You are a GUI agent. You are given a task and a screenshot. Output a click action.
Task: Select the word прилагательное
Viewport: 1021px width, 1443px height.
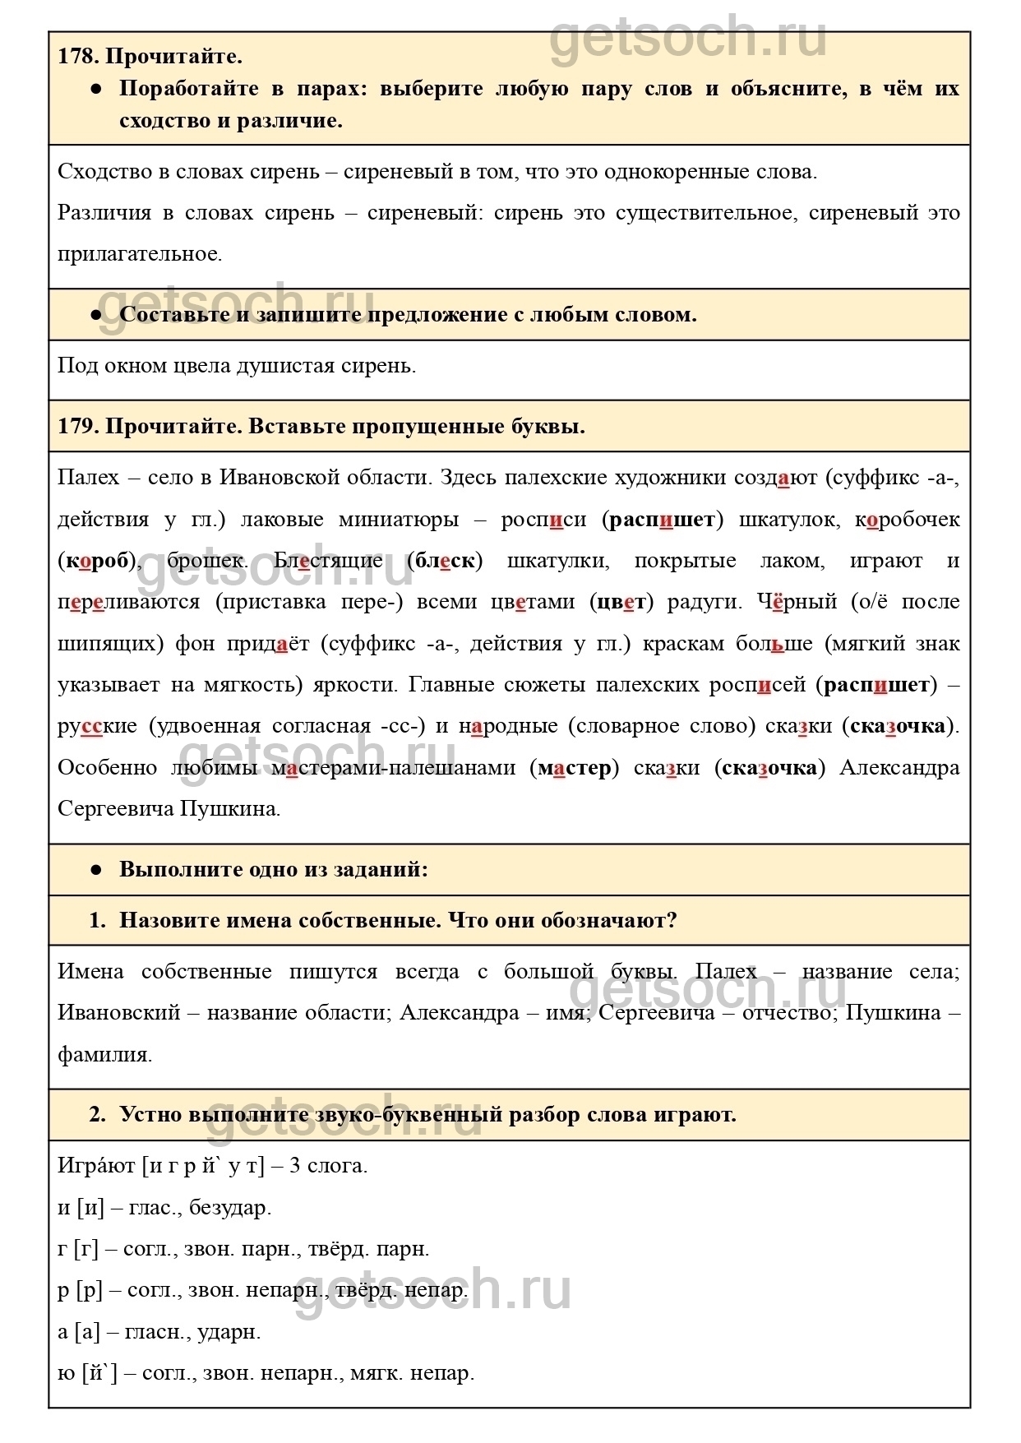pyautogui.click(x=140, y=254)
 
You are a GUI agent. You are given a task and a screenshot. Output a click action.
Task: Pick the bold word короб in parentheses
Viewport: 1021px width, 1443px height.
pyautogui.click(x=97, y=562)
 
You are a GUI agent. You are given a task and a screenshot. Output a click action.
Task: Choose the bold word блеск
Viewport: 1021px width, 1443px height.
pyautogui.click(x=445, y=562)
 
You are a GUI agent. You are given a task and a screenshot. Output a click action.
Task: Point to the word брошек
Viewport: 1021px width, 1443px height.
pyautogui.click(x=206, y=562)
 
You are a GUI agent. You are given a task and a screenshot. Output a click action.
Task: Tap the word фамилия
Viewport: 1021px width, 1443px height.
pyautogui.click(x=104, y=1055)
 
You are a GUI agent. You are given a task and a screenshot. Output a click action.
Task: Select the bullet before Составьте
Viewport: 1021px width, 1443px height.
pyautogui.click(x=96, y=315)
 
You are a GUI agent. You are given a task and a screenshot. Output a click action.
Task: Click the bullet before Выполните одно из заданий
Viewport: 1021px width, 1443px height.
pyautogui.click(x=96, y=870)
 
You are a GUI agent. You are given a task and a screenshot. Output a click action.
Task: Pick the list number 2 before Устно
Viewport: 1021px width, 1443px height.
pyautogui.click(x=98, y=1115)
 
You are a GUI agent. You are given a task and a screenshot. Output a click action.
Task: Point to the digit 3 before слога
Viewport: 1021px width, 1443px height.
pyautogui.click(x=294, y=1166)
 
